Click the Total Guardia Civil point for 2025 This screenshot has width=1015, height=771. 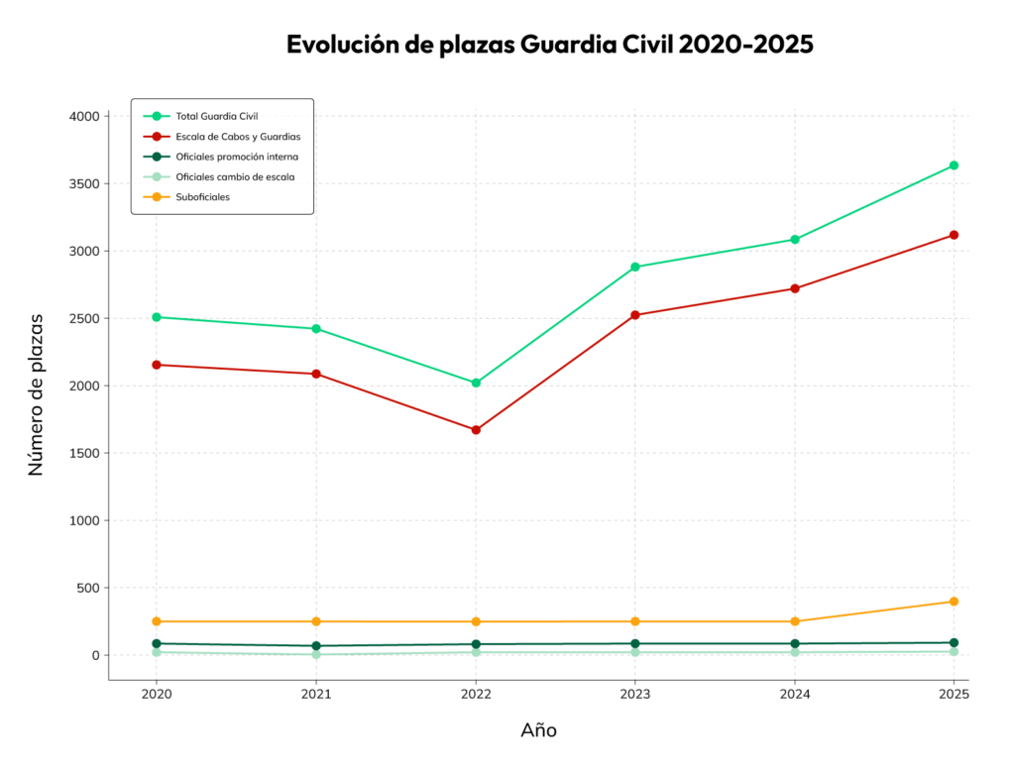click(954, 165)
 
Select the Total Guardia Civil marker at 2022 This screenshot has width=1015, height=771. click(476, 383)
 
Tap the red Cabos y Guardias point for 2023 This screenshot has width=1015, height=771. click(635, 315)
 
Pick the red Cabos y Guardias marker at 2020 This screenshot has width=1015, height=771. click(157, 365)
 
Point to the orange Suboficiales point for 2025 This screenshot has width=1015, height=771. click(954, 602)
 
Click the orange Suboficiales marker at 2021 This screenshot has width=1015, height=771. click(316, 621)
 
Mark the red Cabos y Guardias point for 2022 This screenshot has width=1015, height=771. click(476, 430)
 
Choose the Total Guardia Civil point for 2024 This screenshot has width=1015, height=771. click(795, 239)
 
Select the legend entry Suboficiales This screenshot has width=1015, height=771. click(203, 197)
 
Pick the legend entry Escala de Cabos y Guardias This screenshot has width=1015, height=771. click(237, 136)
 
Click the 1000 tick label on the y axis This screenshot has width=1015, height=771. click(83, 520)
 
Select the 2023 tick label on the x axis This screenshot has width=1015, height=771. click(635, 695)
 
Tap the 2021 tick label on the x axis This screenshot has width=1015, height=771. click(316, 695)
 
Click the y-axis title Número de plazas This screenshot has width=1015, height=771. click(37, 394)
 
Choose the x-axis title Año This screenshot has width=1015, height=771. click(538, 731)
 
